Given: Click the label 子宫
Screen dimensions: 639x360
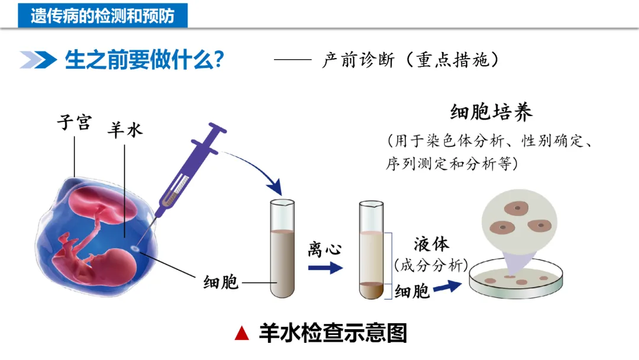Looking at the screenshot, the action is click(75, 123).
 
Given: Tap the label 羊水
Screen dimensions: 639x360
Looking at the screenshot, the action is click(125, 130).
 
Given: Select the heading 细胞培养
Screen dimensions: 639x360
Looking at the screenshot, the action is click(491, 112).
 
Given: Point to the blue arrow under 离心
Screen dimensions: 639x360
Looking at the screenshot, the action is click(325, 268).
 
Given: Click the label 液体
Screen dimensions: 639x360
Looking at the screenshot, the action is click(431, 244).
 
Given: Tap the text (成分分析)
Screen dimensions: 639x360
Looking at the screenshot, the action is click(431, 265).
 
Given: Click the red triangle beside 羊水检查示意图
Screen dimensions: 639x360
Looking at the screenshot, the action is click(241, 333).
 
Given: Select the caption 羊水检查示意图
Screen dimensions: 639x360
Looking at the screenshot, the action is click(333, 333).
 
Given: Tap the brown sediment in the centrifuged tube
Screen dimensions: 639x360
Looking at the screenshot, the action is click(372, 290).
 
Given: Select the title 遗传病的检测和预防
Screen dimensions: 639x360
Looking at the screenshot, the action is click(103, 15).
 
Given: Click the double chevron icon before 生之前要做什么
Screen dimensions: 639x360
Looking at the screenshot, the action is click(37, 60).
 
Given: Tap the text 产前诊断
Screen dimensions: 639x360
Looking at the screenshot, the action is click(357, 60).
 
